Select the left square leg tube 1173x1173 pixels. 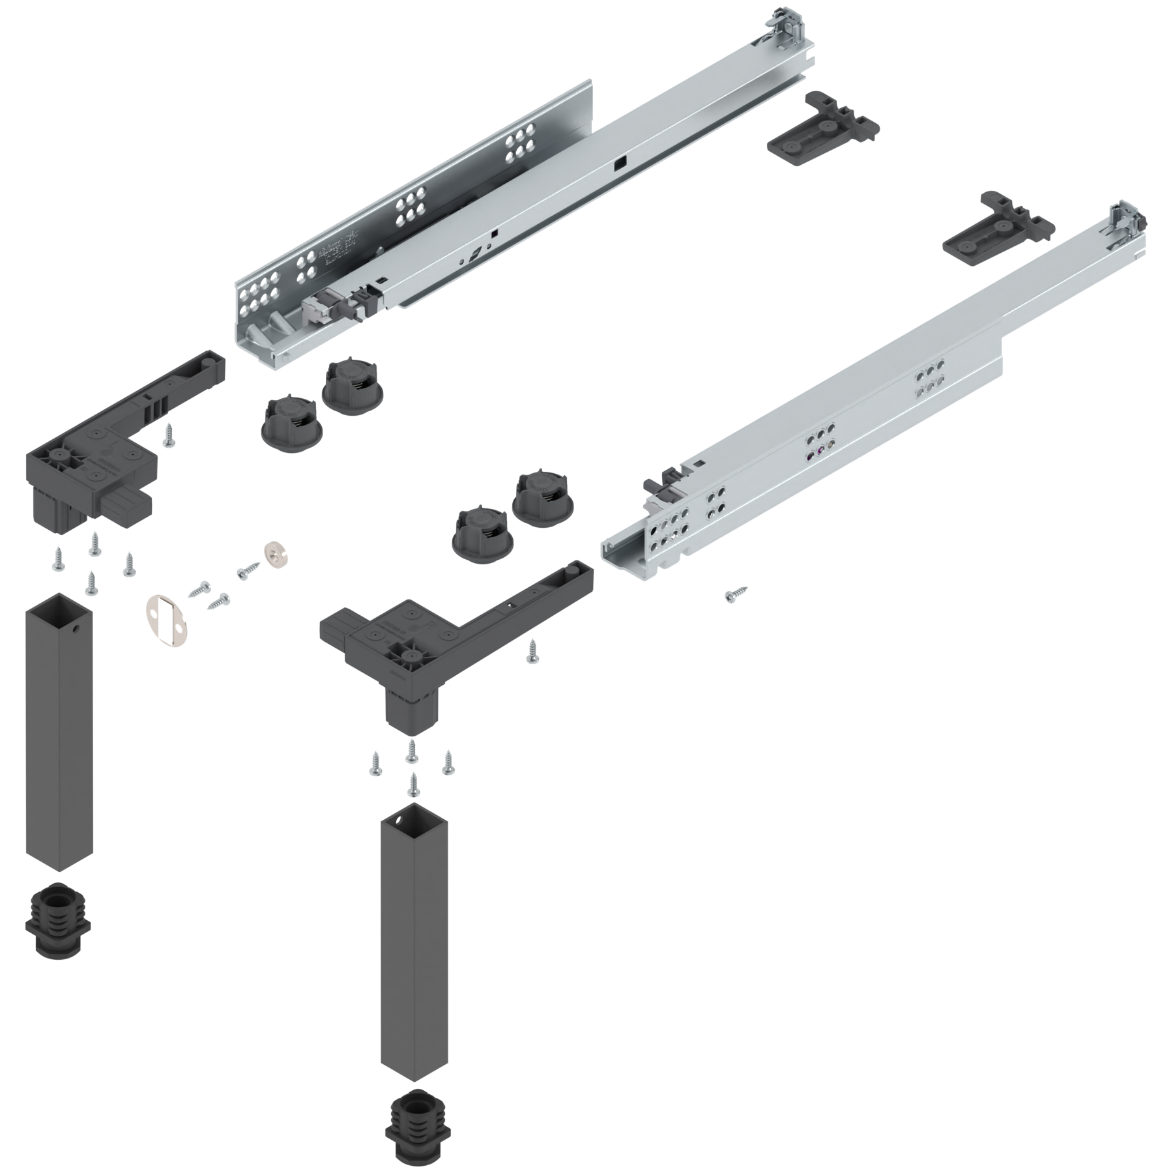point(59,730)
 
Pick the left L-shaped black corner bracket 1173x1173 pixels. point(111,450)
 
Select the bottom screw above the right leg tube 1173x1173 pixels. point(412,785)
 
